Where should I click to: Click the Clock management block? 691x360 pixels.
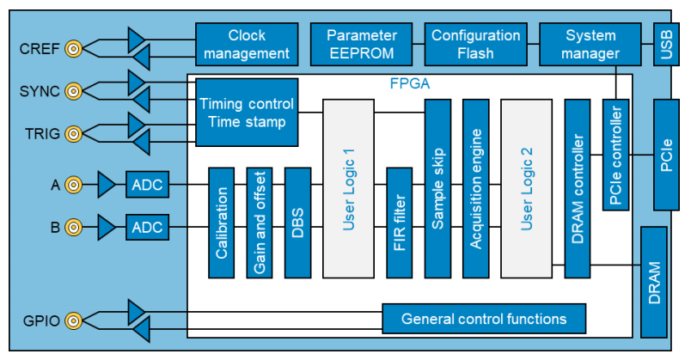pos(247,45)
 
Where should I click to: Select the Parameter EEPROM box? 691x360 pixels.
pos(361,45)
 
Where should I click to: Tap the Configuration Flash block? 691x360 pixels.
pos(476,45)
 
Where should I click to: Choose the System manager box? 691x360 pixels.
pos(590,45)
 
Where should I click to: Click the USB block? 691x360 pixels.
pos(666,45)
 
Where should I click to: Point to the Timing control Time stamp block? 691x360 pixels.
pos(247,113)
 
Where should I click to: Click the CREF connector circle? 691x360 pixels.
pos(73,48)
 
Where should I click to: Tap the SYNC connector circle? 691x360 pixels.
pos(73,91)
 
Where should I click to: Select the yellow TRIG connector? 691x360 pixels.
pos(73,133)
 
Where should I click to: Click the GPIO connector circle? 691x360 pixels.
pos(73,320)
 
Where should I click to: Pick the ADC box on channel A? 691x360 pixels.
pos(147,185)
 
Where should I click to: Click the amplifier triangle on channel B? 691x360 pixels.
pos(106,228)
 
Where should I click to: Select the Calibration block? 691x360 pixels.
pos(221,223)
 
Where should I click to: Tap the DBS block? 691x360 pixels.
pos(298,223)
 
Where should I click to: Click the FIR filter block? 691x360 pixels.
pos(400,223)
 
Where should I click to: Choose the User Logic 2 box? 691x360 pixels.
pos(527,189)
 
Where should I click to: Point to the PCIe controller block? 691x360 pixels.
pos(615,155)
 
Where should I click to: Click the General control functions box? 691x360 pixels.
pos(484,319)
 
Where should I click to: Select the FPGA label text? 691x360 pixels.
pos(410,83)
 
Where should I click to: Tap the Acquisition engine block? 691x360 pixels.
pos(476,189)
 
